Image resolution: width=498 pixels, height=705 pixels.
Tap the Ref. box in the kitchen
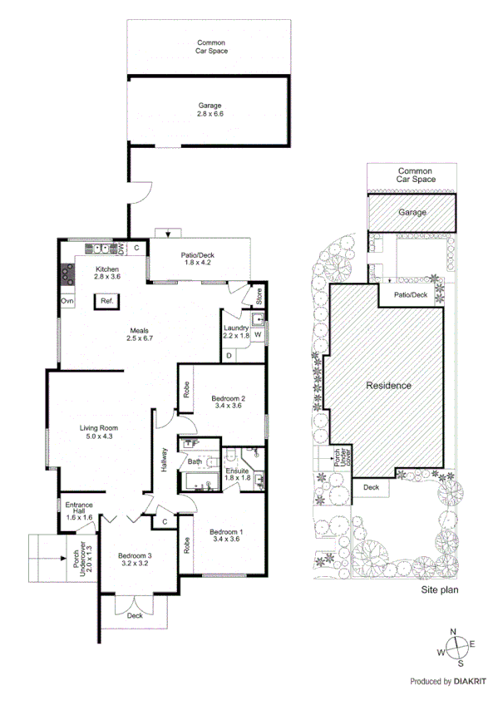107,302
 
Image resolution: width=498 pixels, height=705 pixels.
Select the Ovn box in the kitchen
67,302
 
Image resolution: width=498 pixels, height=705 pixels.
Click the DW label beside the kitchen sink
121,248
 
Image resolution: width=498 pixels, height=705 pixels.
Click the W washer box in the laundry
257,335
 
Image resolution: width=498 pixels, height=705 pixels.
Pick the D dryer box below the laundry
229,356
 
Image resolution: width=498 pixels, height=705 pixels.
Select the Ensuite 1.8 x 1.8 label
238,475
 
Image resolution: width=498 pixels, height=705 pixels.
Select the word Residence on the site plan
388,386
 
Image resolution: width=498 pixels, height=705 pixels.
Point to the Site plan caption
440,589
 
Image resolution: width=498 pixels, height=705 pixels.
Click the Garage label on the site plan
412,213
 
